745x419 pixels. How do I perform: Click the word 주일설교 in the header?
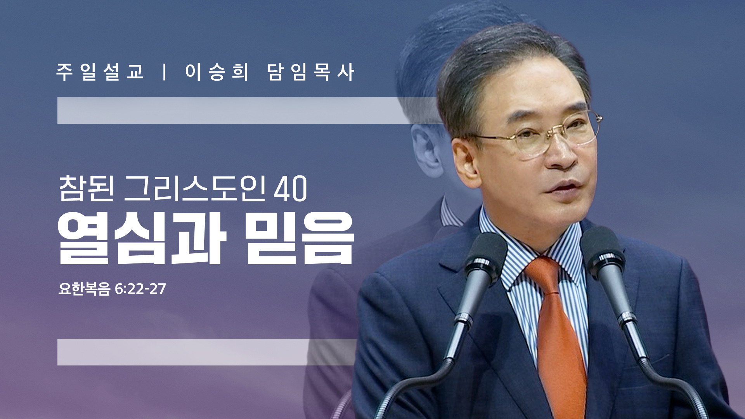point(100,72)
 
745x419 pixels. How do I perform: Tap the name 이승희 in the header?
point(217,72)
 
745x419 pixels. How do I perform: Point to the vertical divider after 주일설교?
point(165,72)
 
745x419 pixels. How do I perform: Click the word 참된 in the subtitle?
point(87,188)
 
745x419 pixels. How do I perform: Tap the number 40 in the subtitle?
point(290,189)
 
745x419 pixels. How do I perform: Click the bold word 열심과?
point(142,238)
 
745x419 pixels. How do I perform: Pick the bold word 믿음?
point(300,238)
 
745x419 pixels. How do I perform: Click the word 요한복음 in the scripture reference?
point(84,289)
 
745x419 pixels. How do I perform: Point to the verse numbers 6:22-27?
point(140,289)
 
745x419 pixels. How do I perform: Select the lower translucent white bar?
point(207,352)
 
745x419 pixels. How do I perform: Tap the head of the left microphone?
point(485,258)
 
